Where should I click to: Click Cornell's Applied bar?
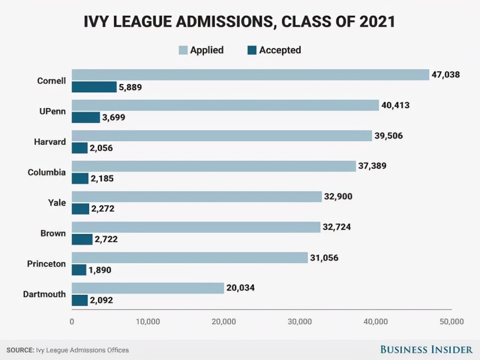[x=250, y=75]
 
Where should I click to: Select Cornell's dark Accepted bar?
[x=94, y=87]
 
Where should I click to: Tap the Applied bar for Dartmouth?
[x=148, y=288]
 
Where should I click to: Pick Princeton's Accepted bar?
[x=79, y=270]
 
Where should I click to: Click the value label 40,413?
[x=395, y=105]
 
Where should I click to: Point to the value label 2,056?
[x=102, y=148]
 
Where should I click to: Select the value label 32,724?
[x=337, y=227]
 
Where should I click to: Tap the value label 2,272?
[x=103, y=209]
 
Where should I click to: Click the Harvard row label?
[x=50, y=142]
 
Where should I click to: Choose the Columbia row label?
[x=47, y=172]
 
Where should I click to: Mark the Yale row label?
[x=57, y=203]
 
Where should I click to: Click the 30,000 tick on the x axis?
[x=300, y=321]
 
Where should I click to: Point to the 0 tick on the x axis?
[x=72, y=321]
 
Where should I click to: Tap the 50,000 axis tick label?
[x=451, y=321]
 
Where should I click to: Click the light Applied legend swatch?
[x=183, y=50]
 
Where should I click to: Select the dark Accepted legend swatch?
[x=252, y=50]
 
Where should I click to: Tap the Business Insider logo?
[x=426, y=350]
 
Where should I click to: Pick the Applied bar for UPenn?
[x=225, y=105]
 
